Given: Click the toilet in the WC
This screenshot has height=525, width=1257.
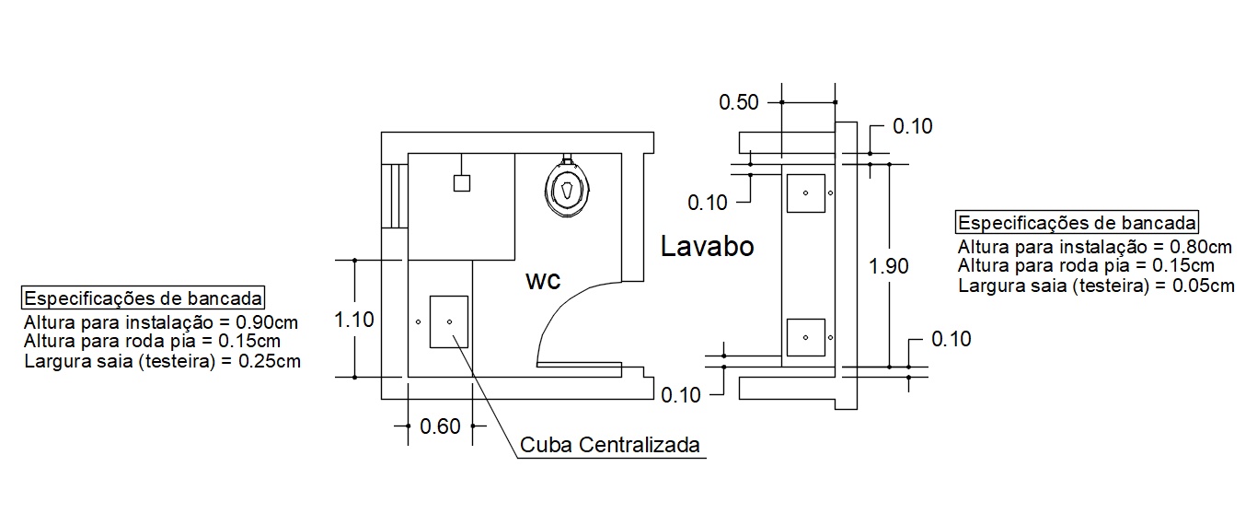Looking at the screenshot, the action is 568,189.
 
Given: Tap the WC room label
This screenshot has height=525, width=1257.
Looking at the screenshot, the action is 543,281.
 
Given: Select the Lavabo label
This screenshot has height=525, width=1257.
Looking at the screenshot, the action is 707,247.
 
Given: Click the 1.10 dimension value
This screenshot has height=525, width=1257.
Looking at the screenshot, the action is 354,320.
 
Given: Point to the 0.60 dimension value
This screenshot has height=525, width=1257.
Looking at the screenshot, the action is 440,426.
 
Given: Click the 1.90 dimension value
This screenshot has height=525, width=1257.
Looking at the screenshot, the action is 888,265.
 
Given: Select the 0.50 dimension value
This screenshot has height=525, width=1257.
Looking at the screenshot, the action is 739,102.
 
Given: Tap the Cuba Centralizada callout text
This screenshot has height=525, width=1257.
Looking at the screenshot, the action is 610,445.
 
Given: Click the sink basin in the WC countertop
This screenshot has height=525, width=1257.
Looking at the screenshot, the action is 449,321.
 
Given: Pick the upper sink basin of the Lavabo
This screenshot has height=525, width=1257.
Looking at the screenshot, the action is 806,193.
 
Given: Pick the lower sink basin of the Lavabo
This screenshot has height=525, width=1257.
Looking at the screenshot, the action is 806,337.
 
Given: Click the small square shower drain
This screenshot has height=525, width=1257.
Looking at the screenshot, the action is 462,183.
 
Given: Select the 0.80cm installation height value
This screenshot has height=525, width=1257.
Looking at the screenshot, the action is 1200,247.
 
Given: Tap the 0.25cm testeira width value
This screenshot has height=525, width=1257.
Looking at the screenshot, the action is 270,360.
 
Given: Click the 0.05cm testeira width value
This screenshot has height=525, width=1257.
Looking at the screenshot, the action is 1204,286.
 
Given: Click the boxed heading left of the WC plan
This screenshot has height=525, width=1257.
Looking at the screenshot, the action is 144,297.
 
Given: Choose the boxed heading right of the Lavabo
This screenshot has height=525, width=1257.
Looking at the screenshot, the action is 1077,222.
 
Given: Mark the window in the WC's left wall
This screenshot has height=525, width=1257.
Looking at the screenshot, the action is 395,195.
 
